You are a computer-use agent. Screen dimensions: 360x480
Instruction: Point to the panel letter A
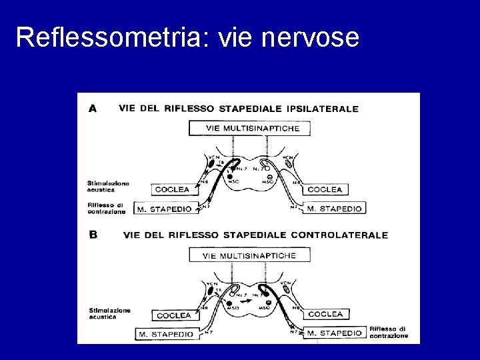click(x=93, y=108)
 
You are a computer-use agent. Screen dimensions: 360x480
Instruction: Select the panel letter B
click(x=93, y=235)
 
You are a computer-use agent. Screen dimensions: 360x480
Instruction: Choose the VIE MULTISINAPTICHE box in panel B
click(x=248, y=255)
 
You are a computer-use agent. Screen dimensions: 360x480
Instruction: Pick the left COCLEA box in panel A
click(x=172, y=189)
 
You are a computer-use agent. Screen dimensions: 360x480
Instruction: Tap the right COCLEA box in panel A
click(x=325, y=189)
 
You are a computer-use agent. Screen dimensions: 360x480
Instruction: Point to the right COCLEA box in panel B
click(x=326, y=314)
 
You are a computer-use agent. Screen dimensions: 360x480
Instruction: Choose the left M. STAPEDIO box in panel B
click(x=166, y=333)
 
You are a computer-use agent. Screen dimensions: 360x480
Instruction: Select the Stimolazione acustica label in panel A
click(x=108, y=186)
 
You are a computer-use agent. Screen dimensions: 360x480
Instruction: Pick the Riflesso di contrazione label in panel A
click(x=106, y=208)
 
